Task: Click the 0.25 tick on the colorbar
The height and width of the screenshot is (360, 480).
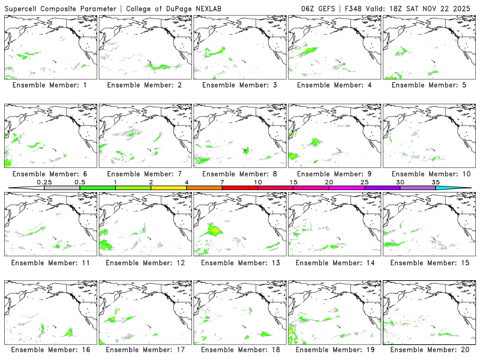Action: point(44,182)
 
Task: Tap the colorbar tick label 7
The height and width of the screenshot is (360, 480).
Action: point(222,182)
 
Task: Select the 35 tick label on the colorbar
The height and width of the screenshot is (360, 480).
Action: point(436,182)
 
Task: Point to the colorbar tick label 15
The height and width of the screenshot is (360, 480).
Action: point(293,182)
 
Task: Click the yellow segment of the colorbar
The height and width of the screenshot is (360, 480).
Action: point(169,188)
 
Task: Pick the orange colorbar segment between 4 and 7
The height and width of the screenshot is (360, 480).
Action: point(204,188)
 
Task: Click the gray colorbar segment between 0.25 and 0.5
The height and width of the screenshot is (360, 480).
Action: point(62,188)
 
